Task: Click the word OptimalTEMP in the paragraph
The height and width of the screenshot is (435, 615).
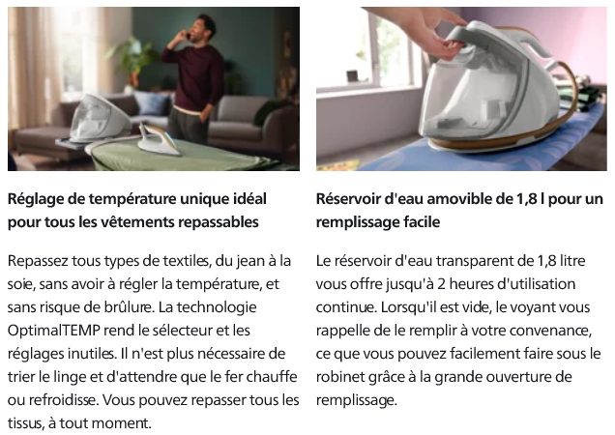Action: tap(54, 331)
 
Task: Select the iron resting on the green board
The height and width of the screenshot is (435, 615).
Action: tap(160, 138)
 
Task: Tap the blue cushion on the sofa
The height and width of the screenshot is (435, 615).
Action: tap(153, 102)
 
